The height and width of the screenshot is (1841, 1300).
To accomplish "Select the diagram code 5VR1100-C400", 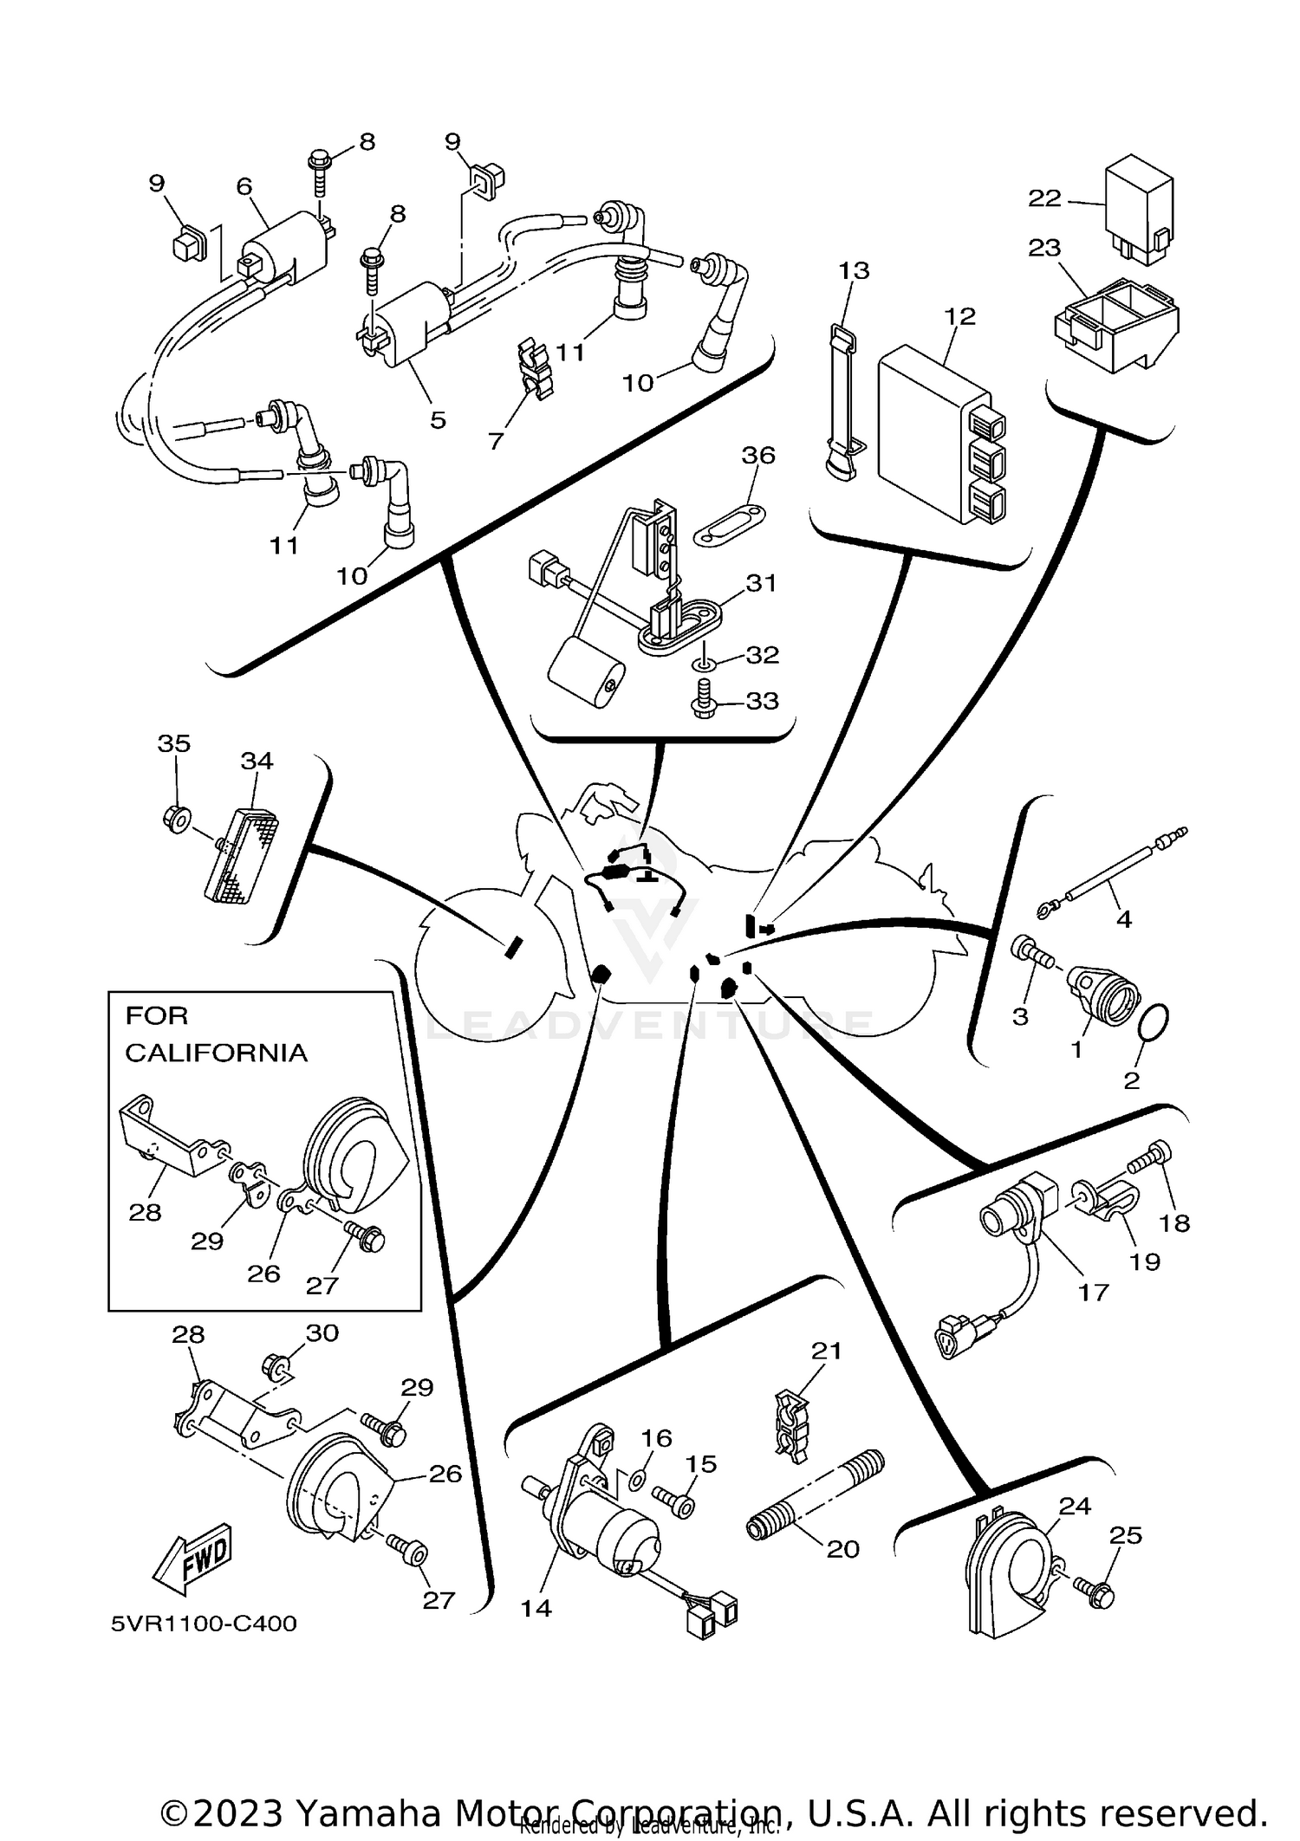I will [x=204, y=1624].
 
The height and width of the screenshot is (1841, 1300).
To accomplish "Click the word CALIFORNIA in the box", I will [x=216, y=1053].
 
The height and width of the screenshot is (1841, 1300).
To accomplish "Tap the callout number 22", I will [x=1044, y=198].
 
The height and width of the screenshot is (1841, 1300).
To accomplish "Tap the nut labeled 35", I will [x=176, y=817].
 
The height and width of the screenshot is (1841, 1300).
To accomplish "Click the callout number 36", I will [x=758, y=456].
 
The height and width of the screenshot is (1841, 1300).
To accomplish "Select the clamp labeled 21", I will [x=793, y=1428].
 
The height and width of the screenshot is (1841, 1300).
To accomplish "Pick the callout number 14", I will [x=536, y=1608].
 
